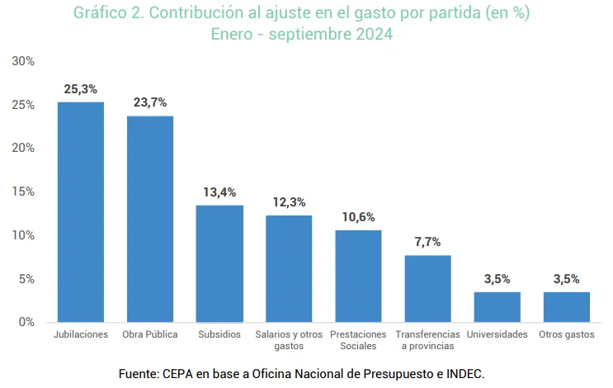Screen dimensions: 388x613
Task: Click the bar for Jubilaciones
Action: [80, 211]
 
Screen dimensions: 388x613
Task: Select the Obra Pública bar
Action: [149, 219]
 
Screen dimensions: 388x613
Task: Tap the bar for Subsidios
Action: [219, 263]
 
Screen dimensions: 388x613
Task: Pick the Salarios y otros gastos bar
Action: [289, 268]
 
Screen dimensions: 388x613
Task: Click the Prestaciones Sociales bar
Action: [358, 276]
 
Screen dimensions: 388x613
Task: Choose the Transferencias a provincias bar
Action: [427, 288]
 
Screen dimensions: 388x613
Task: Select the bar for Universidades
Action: [497, 306]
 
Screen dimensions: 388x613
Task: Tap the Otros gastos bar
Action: [567, 306]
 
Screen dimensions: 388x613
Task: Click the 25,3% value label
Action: [80, 88]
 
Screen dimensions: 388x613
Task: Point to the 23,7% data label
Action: [150, 102]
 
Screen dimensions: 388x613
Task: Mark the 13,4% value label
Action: [219, 192]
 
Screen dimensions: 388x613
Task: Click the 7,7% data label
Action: [427, 242]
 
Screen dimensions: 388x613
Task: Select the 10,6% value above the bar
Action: [358, 217]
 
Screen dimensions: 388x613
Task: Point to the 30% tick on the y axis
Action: [23, 61]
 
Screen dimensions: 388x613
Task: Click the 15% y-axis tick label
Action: [23, 192]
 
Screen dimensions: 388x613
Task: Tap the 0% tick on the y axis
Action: [26, 322]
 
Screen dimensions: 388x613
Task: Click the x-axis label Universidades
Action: [497, 334]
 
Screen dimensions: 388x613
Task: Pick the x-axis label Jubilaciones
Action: [81, 334]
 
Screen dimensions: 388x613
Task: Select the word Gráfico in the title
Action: [100, 14]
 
